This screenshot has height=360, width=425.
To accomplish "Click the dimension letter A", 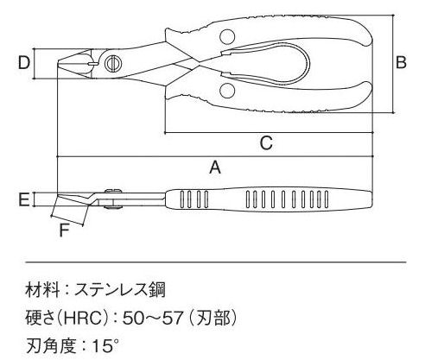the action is (x=215, y=167).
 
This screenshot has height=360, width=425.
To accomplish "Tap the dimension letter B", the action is (x=401, y=62).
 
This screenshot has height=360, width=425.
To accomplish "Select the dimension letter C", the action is (x=266, y=143).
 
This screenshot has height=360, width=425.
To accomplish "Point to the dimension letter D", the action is (x=24, y=62).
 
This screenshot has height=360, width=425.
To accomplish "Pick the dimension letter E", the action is (x=24, y=199).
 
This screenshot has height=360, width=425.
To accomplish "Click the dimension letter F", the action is (x=65, y=231).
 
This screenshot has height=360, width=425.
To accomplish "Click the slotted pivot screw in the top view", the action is (x=113, y=63).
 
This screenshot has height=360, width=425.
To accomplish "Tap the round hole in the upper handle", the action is (x=227, y=37).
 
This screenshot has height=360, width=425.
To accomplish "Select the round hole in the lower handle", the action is (x=227, y=91).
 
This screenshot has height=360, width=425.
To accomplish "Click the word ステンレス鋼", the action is (x=120, y=290).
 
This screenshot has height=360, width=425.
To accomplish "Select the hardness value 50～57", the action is (x=153, y=318).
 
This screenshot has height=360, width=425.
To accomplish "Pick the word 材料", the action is (x=43, y=290).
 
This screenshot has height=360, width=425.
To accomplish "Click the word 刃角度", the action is (x=51, y=346).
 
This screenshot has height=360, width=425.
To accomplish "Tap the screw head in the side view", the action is (x=113, y=191).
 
